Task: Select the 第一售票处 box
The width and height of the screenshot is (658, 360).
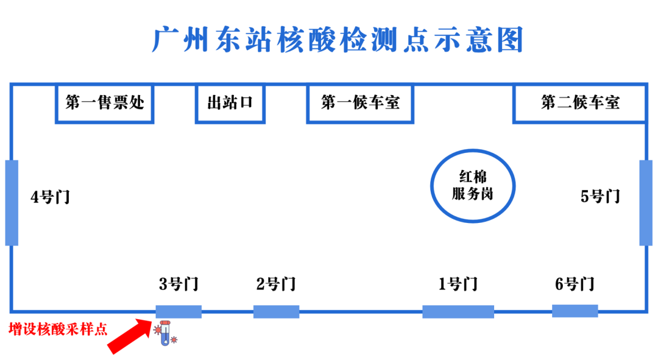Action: tap(104, 102)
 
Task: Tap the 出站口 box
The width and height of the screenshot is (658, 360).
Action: tap(230, 102)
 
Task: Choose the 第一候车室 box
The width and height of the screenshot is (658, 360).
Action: tap(360, 102)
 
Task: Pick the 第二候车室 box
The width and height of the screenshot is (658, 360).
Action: tap(579, 102)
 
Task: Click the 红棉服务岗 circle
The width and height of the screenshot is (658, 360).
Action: tap(472, 186)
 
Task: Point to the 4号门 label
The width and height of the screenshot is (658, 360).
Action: tap(51, 197)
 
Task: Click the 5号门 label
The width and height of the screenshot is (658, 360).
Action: tap(600, 196)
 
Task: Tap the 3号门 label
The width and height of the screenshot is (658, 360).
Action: tap(179, 284)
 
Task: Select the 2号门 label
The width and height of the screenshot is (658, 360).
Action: tap(275, 284)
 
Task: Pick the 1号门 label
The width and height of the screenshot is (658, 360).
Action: tap(458, 284)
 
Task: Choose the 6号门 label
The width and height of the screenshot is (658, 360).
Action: tap(575, 284)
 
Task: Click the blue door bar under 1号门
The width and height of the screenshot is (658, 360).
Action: tap(458, 312)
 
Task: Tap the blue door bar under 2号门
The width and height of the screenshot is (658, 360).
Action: tap(276, 312)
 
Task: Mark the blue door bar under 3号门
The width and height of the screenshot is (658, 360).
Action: tap(179, 312)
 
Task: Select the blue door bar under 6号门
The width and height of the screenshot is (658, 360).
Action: tap(575, 311)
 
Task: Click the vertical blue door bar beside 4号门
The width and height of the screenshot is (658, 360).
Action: tap(12, 203)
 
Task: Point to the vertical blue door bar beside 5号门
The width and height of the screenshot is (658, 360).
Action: tap(646, 203)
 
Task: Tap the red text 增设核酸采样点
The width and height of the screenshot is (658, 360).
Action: tap(58, 330)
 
